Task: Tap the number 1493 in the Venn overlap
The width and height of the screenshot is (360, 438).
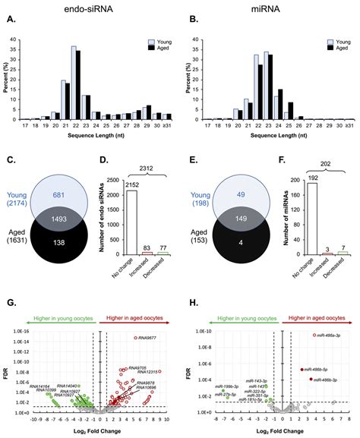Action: click(75, 216)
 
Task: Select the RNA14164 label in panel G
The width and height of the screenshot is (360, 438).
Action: click(39, 386)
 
